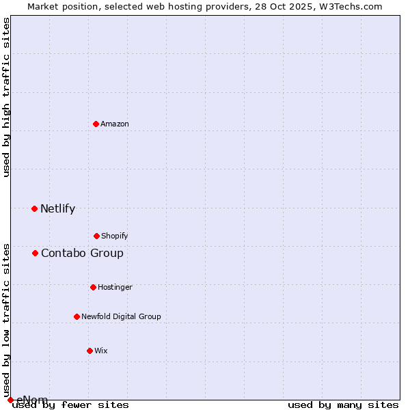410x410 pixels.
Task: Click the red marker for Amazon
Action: [x=96, y=124]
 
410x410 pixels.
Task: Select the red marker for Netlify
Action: [x=34, y=208]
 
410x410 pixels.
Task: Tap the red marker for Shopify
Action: [x=96, y=236]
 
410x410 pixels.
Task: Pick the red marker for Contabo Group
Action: [x=35, y=254]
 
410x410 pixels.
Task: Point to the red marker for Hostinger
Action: [x=93, y=287]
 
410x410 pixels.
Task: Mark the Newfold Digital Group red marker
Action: [x=77, y=316]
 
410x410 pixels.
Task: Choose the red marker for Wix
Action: [x=90, y=351]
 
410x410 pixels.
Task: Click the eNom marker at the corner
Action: [x=10, y=400]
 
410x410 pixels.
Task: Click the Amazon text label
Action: [x=115, y=124]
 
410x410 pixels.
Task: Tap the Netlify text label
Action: [x=57, y=209]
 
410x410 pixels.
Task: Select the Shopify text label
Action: [x=115, y=236]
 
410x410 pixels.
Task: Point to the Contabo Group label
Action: [x=82, y=254]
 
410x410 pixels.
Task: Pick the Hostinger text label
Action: [x=115, y=287]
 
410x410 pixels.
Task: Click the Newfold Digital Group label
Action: [x=121, y=316]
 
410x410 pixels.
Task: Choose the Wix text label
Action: [x=101, y=351]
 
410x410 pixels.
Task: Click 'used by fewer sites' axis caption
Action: [x=71, y=405]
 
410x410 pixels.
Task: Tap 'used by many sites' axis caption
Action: [x=343, y=405]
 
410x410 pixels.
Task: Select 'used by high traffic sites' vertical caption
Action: [x=6, y=97]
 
